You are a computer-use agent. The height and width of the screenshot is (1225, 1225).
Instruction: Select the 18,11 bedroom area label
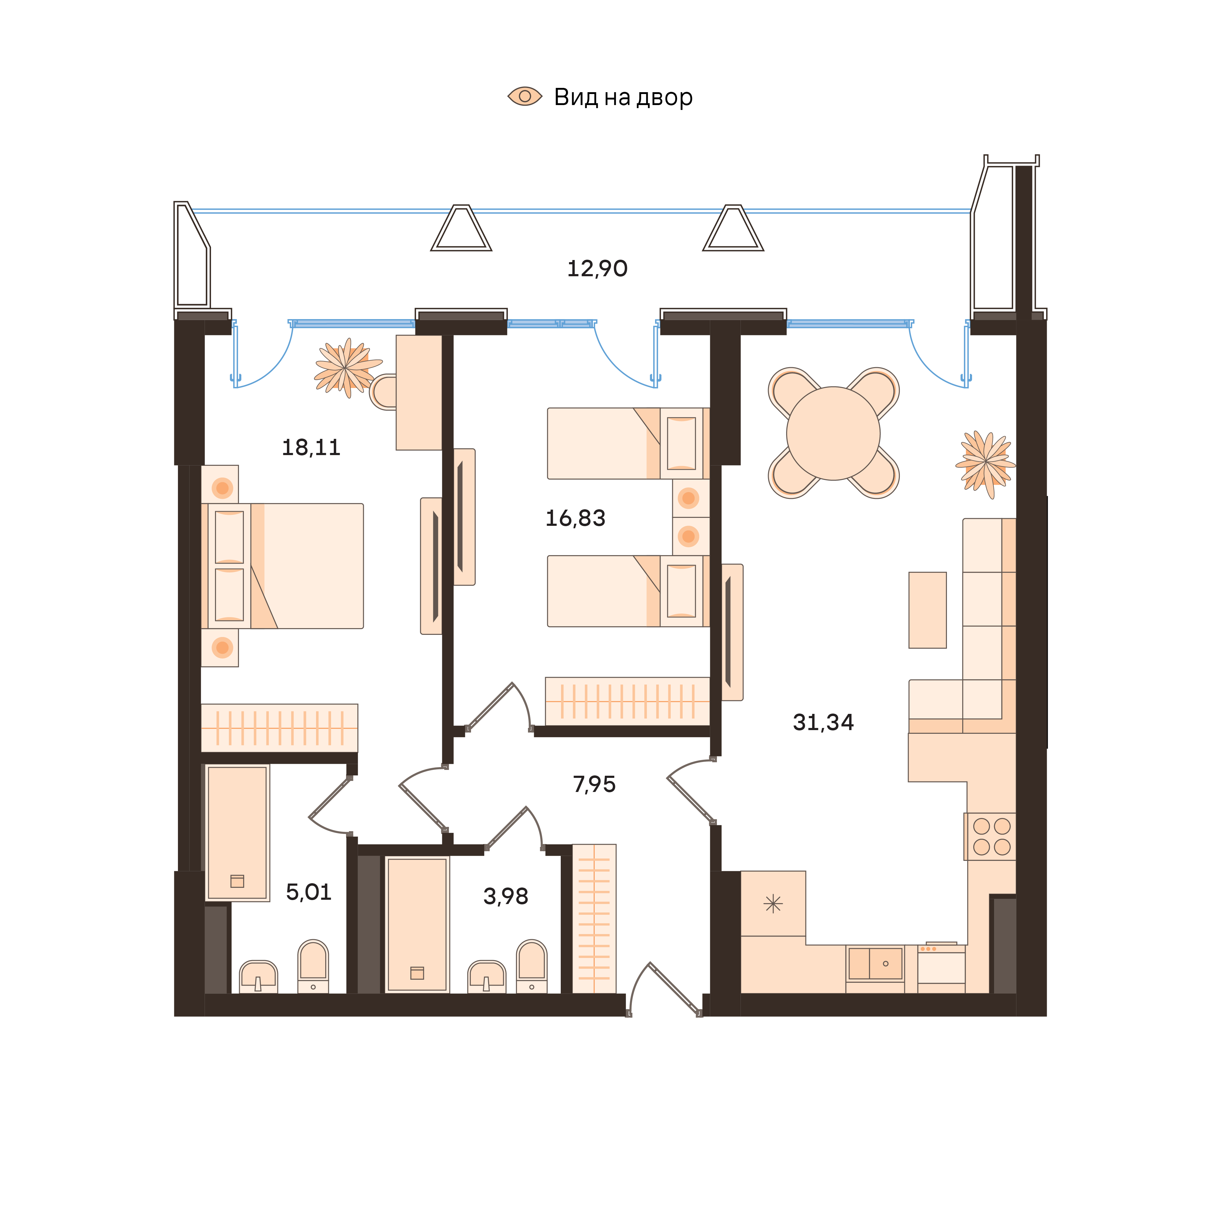click(x=311, y=448)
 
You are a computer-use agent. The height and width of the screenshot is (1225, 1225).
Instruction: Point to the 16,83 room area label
click(x=575, y=518)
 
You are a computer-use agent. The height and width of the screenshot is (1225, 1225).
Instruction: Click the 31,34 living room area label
click(x=823, y=722)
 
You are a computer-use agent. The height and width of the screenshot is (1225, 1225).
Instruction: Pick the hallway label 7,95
click(x=594, y=784)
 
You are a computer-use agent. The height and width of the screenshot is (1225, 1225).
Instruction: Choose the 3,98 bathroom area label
click(x=505, y=896)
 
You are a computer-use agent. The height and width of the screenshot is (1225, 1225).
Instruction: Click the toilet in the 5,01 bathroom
click(x=313, y=967)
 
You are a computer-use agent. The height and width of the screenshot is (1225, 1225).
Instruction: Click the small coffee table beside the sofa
click(x=927, y=610)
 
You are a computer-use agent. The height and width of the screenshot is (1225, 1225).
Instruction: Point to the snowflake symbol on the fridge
click(x=773, y=903)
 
